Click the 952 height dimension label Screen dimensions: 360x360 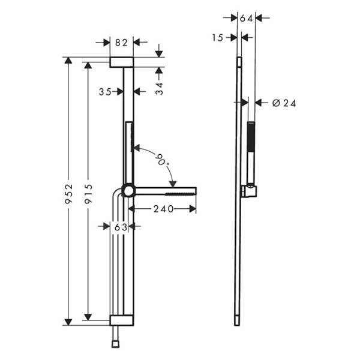[69, 192]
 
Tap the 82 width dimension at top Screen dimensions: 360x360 [121, 42]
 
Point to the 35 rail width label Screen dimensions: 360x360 [106, 92]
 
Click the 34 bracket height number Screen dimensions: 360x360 [159, 89]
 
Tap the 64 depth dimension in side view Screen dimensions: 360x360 [246, 19]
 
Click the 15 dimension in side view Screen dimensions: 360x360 [217, 37]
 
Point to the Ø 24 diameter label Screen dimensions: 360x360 [284, 103]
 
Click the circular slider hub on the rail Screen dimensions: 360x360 [128, 191]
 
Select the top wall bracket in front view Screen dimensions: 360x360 [121, 62]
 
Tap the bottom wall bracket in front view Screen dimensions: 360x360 [121, 320]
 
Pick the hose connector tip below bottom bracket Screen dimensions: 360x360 [115, 344]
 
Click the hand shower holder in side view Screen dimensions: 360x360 [248, 191]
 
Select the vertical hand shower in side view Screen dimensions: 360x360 [251, 153]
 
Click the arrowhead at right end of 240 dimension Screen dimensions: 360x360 [193, 209]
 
